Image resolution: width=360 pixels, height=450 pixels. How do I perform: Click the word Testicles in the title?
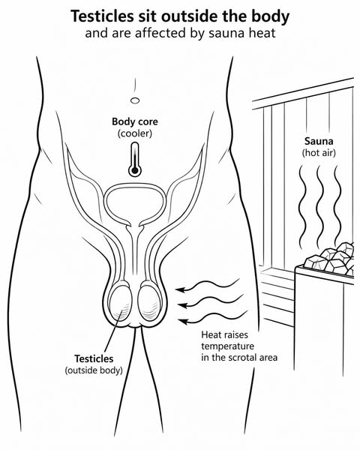click(102, 16)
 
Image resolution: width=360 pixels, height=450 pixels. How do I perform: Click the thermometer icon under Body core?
click(135, 160)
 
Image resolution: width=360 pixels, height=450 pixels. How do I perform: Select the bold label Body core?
click(135, 121)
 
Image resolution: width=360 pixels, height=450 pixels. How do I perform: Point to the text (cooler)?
click(135, 133)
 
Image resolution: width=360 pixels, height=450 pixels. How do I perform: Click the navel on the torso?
click(135, 100)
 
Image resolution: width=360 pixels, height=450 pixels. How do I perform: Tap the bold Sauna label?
click(319, 141)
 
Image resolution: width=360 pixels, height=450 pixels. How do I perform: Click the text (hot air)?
click(319, 153)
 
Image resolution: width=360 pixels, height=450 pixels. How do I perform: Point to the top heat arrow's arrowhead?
click(180, 289)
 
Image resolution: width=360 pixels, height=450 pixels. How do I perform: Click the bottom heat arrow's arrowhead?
click(182, 321)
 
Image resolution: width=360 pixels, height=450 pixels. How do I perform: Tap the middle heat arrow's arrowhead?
click(181, 305)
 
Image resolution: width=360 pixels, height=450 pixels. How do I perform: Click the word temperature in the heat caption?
click(228, 346)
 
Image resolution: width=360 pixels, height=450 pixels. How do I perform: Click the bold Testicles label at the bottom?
click(94, 358)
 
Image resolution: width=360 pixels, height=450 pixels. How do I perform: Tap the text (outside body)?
click(94, 370)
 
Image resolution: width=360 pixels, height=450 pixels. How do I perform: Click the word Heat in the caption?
click(211, 334)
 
